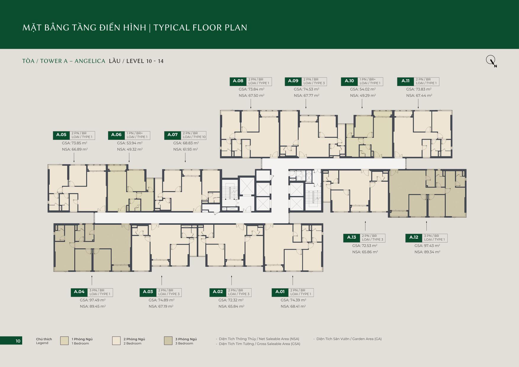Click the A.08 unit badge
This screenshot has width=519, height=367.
(x=238, y=81)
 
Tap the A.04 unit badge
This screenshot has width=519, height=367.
(x=79, y=292)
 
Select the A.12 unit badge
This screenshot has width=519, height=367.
(x=414, y=238)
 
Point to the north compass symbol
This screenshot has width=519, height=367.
(x=491, y=61)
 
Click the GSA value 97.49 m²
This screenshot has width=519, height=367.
(x=93, y=300)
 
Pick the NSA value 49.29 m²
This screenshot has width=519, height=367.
(x=363, y=96)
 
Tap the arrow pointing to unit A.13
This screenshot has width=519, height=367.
(x=365, y=226)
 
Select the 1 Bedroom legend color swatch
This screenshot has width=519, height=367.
(x=64, y=341)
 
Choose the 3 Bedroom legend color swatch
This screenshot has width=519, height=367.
(x=168, y=341)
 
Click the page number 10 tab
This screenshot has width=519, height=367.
(x=11, y=341)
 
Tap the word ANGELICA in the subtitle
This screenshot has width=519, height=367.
(x=90, y=61)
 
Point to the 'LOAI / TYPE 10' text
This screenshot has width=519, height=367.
(x=194, y=137)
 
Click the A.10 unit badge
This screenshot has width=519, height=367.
(x=349, y=81)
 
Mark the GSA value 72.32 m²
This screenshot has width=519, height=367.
(x=231, y=300)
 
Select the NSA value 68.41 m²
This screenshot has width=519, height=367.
(x=293, y=306)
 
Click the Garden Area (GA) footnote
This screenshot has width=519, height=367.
(x=347, y=339)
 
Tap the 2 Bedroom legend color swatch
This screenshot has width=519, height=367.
(x=116, y=341)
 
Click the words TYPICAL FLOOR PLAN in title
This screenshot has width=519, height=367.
(x=200, y=28)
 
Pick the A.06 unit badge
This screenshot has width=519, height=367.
(x=116, y=135)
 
